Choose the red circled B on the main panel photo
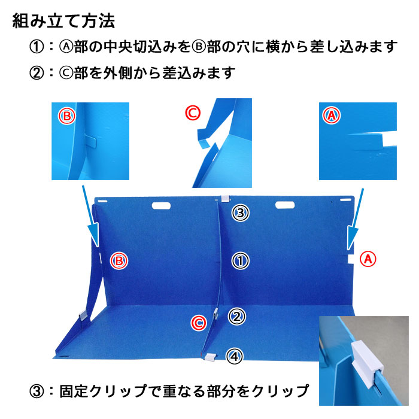119,260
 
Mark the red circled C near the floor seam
199,323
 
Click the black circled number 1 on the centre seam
239,260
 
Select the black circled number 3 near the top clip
239,212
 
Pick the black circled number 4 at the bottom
235,357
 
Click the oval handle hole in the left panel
161,207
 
